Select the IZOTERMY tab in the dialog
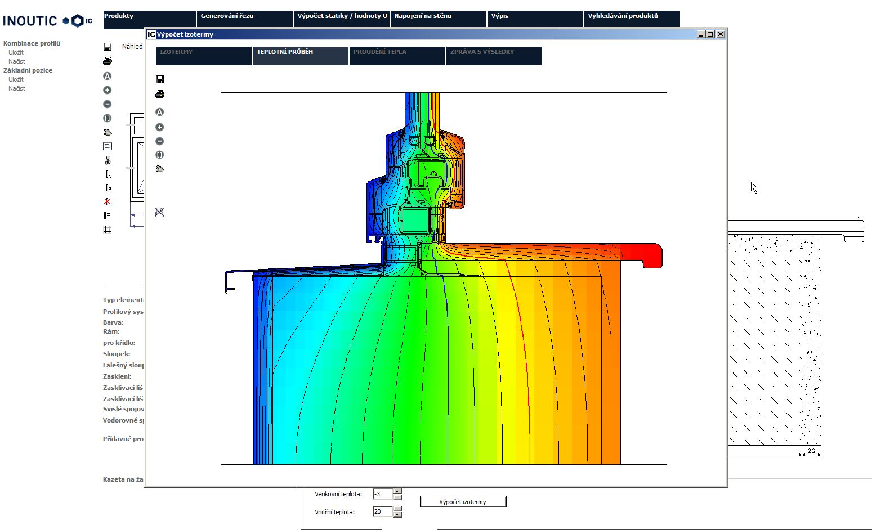pos(203,56)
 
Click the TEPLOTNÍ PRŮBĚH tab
pos(300,56)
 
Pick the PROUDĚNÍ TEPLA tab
pos(397,56)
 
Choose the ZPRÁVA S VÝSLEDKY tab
pos(494,56)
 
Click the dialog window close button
pos(720,34)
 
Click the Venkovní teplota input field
pos(382,494)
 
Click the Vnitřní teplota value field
pos(382,511)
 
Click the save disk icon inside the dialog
pos(160,79)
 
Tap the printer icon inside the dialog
pos(160,94)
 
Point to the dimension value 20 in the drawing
pos(811,451)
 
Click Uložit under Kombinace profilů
pos(16,52)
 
